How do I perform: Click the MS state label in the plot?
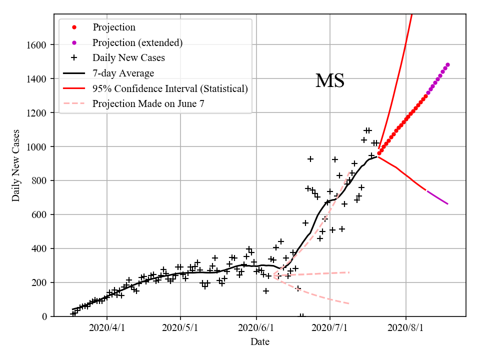(330, 81)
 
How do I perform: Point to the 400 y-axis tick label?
(39, 248)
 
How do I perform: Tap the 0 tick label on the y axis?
(44, 316)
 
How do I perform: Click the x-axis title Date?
(260, 342)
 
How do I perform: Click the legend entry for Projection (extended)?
(137, 42)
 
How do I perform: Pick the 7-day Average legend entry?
(123, 73)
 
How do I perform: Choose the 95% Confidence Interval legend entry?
(170, 89)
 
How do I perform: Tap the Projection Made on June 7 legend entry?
(148, 104)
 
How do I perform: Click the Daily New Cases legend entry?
(128, 58)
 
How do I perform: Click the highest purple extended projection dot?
(447, 64)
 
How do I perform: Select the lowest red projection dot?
(379, 153)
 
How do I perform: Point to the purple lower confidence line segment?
(437, 197)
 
